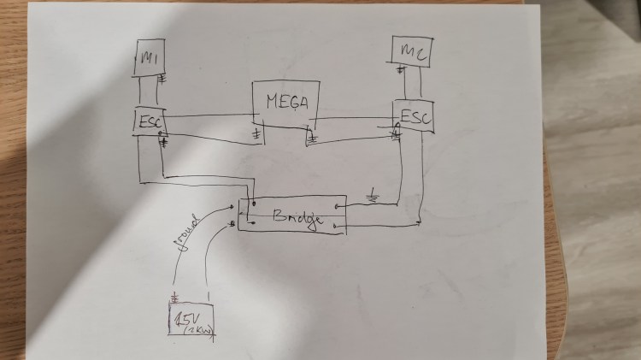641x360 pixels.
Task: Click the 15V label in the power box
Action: click(184, 320)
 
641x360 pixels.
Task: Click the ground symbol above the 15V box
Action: click(175, 299)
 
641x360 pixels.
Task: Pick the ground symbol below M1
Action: click(162, 80)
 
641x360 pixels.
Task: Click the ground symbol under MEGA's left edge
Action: click(256, 136)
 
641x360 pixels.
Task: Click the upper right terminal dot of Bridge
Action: click(339, 206)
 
